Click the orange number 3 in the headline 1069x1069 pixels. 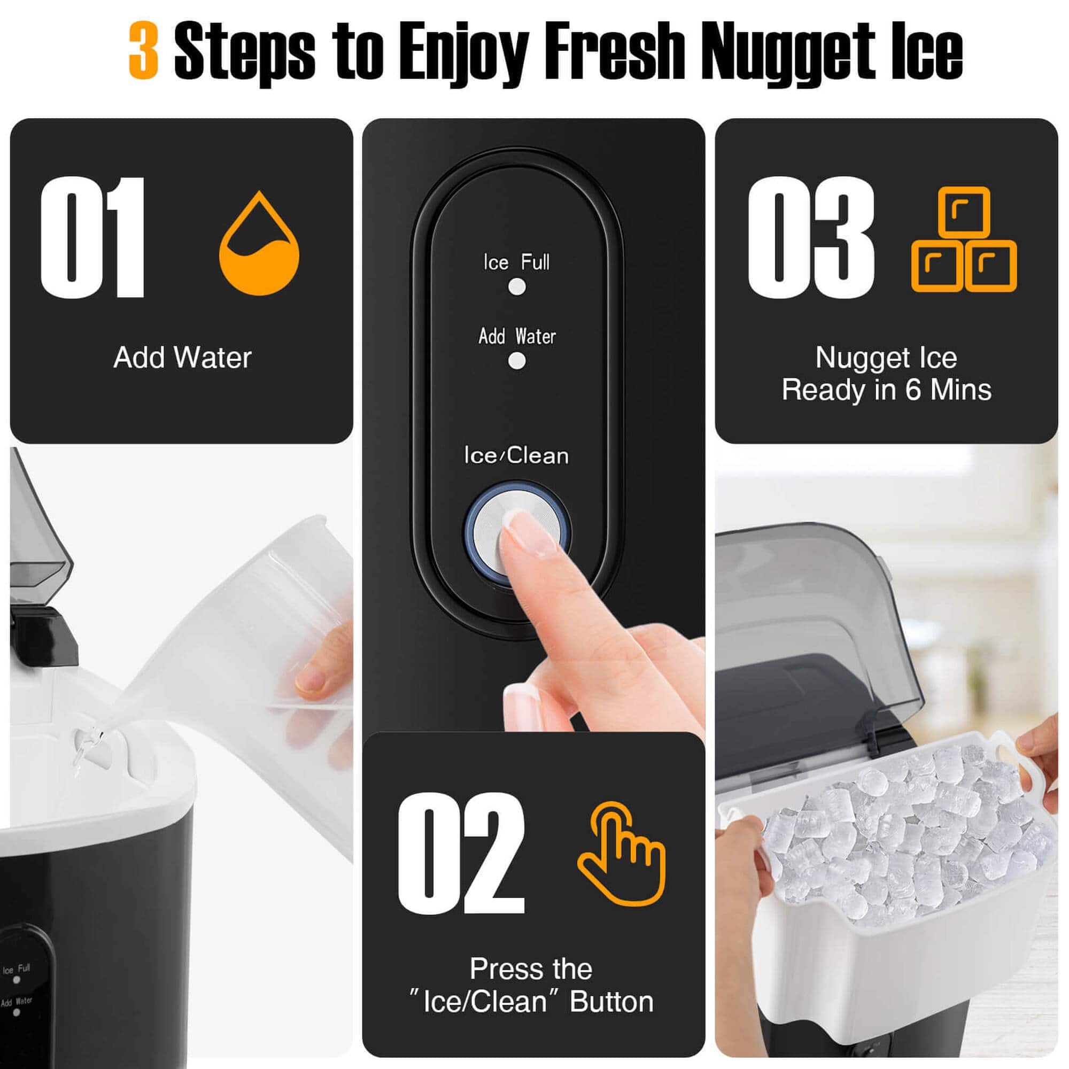pyautogui.click(x=144, y=51)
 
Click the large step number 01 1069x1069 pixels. pyautogui.click(x=93, y=238)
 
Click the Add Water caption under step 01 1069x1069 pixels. pyautogui.click(x=182, y=358)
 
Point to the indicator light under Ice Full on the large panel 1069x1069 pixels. pyautogui.click(x=517, y=286)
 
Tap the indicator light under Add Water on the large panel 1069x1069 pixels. pyautogui.click(x=517, y=361)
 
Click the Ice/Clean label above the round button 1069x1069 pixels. pyautogui.click(x=516, y=456)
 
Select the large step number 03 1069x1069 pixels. pyautogui.click(x=811, y=238)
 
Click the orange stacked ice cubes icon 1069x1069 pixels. pyautogui.click(x=964, y=240)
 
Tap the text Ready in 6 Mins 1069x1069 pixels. pyautogui.click(x=886, y=390)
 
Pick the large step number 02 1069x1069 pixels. pyautogui.click(x=461, y=852)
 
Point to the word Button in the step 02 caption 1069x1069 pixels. pyautogui.click(x=611, y=1002)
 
